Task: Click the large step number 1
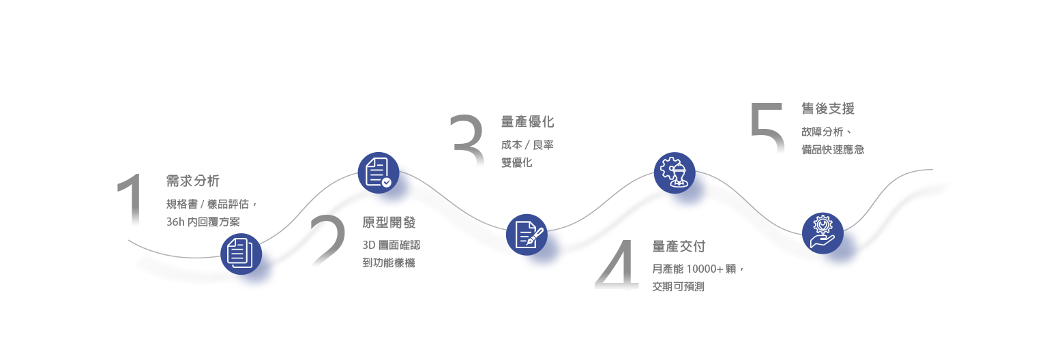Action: point(131,202)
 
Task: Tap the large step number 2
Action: point(327,243)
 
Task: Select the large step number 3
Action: point(468,142)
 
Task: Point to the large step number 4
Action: point(617,267)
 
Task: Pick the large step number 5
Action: point(767,129)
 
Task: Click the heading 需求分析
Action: point(193,181)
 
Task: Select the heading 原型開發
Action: point(389,222)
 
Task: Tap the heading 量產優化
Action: point(527,122)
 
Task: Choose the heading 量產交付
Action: point(679,246)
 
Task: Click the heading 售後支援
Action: point(828,108)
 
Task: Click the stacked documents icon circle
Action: point(240,254)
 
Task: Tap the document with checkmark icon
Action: point(378,172)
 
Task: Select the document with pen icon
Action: point(527,235)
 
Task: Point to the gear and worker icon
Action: point(674,172)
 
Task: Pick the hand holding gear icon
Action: point(822,232)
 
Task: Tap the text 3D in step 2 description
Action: point(369,245)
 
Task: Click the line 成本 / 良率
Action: point(527,145)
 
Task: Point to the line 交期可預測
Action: point(678,287)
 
